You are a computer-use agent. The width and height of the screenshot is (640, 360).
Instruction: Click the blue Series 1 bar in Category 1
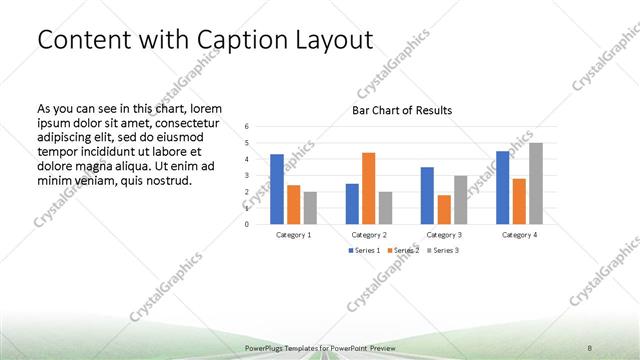276,189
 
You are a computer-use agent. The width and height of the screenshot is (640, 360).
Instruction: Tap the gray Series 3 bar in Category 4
536,183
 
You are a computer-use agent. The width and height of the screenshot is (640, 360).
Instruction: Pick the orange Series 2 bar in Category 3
443,209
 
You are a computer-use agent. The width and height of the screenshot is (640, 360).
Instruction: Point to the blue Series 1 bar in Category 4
502,187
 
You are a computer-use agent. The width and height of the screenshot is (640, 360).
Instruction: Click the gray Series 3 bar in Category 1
310,208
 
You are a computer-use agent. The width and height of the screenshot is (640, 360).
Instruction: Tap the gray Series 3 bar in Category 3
460,200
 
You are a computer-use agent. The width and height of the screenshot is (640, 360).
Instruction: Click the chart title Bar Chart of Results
402,110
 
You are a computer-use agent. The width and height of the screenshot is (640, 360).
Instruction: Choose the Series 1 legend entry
363,250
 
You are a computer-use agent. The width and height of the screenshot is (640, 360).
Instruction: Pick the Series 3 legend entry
442,250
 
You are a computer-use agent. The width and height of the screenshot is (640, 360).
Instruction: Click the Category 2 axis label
368,234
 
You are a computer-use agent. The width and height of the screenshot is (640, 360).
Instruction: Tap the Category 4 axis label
518,234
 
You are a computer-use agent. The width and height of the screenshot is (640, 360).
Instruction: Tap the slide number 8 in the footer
589,346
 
